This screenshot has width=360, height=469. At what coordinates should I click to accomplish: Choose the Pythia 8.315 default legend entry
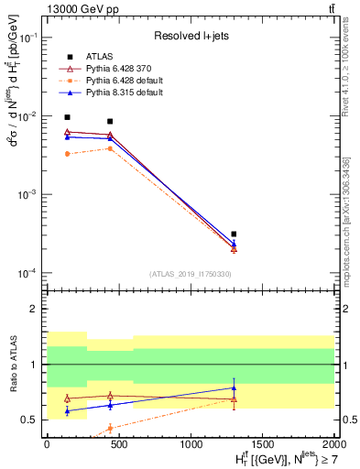[119, 93]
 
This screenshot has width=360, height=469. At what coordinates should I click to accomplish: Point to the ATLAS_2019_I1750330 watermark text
[191, 274]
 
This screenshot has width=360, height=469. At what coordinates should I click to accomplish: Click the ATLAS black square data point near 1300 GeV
[234, 234]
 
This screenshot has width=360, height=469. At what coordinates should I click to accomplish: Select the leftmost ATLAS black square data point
[67, 117]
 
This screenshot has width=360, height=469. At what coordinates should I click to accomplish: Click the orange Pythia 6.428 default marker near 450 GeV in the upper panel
[110, 148]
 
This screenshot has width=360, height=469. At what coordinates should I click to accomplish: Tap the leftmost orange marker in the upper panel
[67, 154]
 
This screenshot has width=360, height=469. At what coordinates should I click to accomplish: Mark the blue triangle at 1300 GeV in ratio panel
[234, 387]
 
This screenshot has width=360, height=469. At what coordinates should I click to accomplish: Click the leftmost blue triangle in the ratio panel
[67, 411]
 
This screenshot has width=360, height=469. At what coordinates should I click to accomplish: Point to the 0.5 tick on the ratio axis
[29, 420]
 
